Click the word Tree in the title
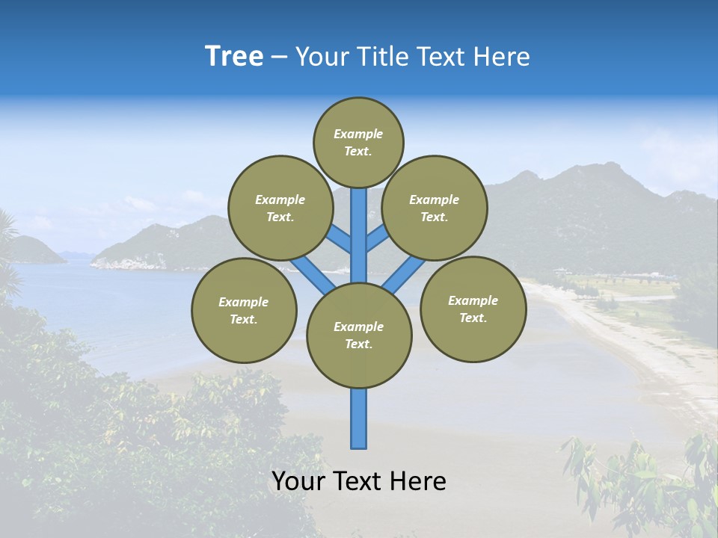coord(234,57)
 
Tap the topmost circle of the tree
coord(358,142)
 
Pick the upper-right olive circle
coord(435,208)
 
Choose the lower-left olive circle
coord(244,310)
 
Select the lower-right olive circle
coord(473,309)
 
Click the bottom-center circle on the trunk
coord(359,336)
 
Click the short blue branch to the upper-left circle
coord(338,238)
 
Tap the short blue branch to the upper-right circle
coord(378,238)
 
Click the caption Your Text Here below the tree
coord(359,481)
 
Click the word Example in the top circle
coord(358,134)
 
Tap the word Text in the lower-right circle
coord(472,318)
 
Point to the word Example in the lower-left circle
coord(243,302)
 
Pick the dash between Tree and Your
coord(280,57)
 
